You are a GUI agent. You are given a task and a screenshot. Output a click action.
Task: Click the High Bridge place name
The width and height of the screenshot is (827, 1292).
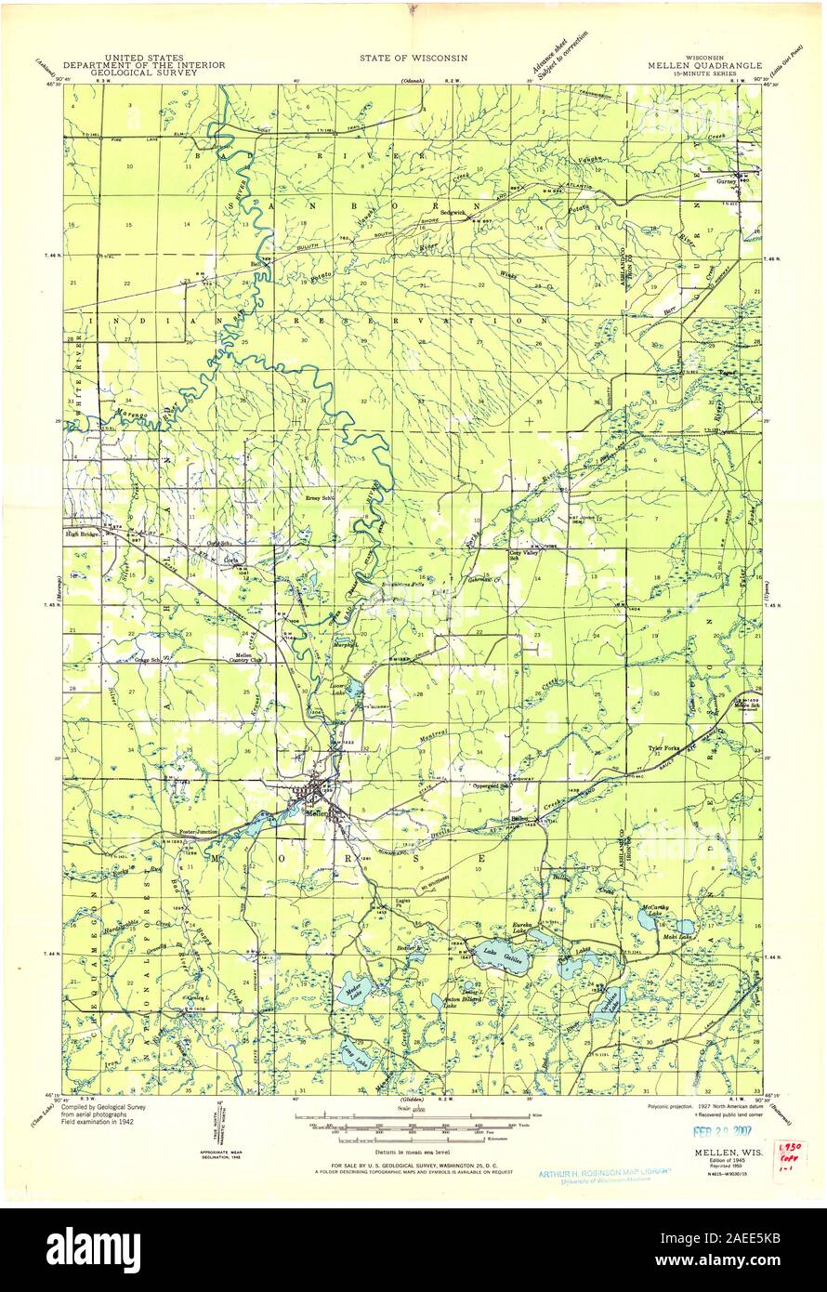(x=81, y=534)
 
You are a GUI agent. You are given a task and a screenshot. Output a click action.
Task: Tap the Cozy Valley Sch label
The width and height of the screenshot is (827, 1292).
(x=523, y=555)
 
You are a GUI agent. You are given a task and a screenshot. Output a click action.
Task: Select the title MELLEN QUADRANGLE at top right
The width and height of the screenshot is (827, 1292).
(x=706, y=66)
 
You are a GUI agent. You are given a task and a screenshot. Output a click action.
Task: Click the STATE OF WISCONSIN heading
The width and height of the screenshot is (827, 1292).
(x=413, y=58)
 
